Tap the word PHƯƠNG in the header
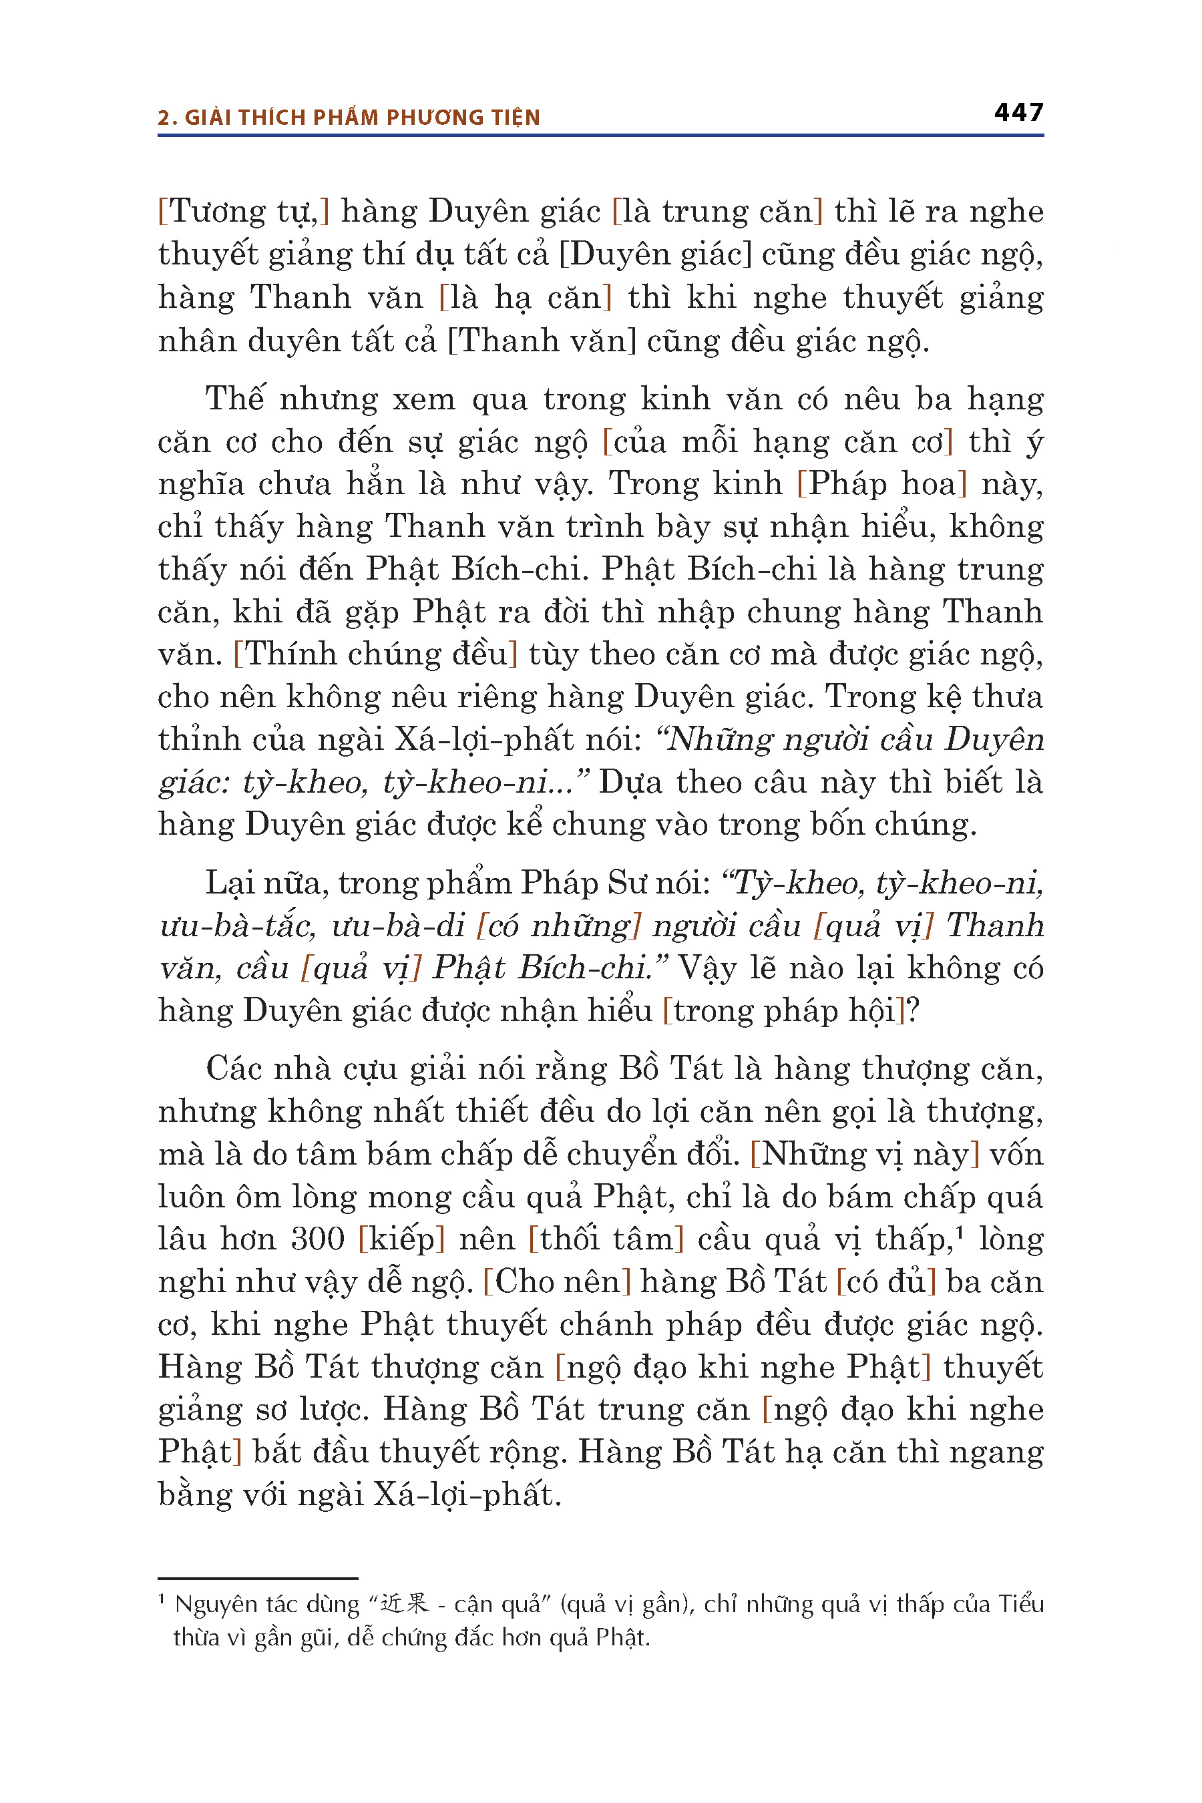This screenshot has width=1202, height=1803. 429,118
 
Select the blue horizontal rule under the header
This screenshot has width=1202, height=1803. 600,136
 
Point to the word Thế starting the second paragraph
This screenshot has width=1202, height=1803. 234,399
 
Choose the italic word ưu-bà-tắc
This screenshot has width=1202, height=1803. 237,926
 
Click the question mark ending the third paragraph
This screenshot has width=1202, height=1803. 912,1011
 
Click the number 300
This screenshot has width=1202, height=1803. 317,1239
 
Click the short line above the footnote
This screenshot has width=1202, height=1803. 258,1579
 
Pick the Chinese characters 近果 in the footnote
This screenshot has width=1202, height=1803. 405,1604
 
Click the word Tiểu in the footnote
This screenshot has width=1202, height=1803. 1020,1604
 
